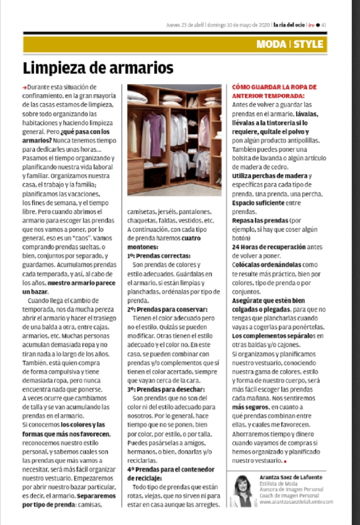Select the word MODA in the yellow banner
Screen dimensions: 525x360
271,44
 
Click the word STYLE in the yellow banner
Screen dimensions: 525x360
308,44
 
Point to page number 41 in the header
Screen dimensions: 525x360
324,25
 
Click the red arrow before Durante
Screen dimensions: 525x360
24,87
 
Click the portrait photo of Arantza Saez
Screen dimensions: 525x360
241,491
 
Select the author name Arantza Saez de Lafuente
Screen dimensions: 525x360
291,477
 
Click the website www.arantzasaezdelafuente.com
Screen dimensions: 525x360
296,502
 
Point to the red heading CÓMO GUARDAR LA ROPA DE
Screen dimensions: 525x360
274,87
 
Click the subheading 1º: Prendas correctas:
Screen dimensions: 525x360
159,256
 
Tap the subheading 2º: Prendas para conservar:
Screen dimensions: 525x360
167,310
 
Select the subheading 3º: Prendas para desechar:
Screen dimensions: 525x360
166,390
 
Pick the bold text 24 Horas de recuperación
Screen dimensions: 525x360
269,247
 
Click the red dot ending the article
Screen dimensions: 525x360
285,462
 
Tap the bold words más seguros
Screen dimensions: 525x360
250,407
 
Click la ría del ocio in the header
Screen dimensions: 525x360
289,25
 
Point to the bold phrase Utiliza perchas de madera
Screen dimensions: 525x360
269,176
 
